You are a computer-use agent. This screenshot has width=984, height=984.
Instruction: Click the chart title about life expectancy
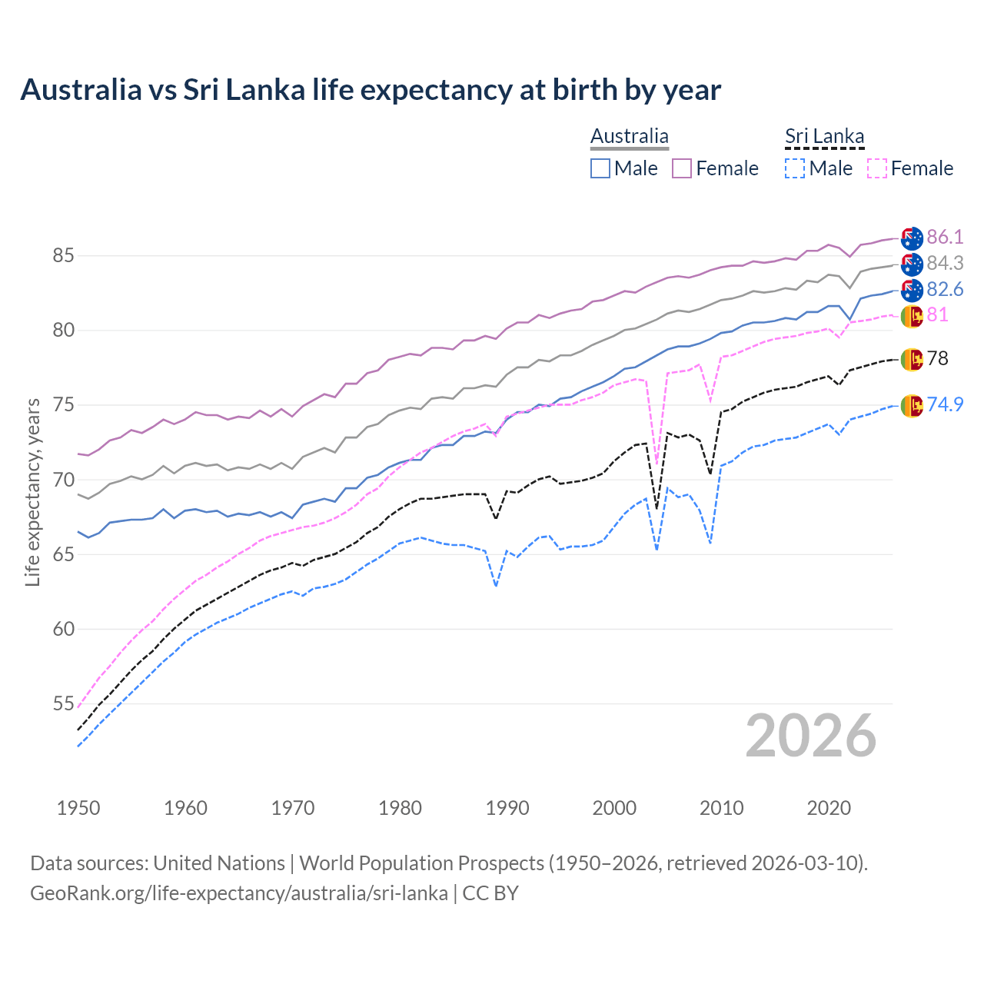point(371,90)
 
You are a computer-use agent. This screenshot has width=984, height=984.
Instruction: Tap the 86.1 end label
point(945,237)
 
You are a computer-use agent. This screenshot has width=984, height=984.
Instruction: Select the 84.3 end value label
point(945,263)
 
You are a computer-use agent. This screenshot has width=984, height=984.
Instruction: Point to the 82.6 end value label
point(945,289)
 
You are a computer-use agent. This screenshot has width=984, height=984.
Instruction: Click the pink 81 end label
point(938,315)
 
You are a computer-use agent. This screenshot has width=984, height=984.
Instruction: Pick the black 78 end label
point(938,358)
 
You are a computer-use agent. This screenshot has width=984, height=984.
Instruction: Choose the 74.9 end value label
point(945,404)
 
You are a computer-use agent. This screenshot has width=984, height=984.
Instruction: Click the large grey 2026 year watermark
point(811,736)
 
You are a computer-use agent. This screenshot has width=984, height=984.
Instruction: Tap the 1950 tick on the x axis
point(78,808)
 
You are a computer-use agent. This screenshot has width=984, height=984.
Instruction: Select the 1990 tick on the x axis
point(507,808)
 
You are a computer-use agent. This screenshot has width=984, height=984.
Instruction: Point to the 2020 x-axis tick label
point(829,808)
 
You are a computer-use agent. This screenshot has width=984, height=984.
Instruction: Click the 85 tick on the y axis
point(63,255)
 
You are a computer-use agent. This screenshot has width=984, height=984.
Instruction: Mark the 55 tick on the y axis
point(63,703)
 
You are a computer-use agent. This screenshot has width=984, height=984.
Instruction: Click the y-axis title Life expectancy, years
point(32,492)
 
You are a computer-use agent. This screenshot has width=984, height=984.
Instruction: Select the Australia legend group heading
point(630,137)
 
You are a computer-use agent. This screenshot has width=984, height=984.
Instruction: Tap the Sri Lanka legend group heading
point(825,137)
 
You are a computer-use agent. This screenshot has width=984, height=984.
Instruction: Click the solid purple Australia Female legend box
point(682,168)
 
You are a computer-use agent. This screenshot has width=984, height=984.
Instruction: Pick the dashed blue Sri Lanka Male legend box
point(795,168)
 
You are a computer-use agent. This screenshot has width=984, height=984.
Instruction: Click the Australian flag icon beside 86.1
point(912,238)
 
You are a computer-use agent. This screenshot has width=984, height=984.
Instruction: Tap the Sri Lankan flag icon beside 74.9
point(912,405)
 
